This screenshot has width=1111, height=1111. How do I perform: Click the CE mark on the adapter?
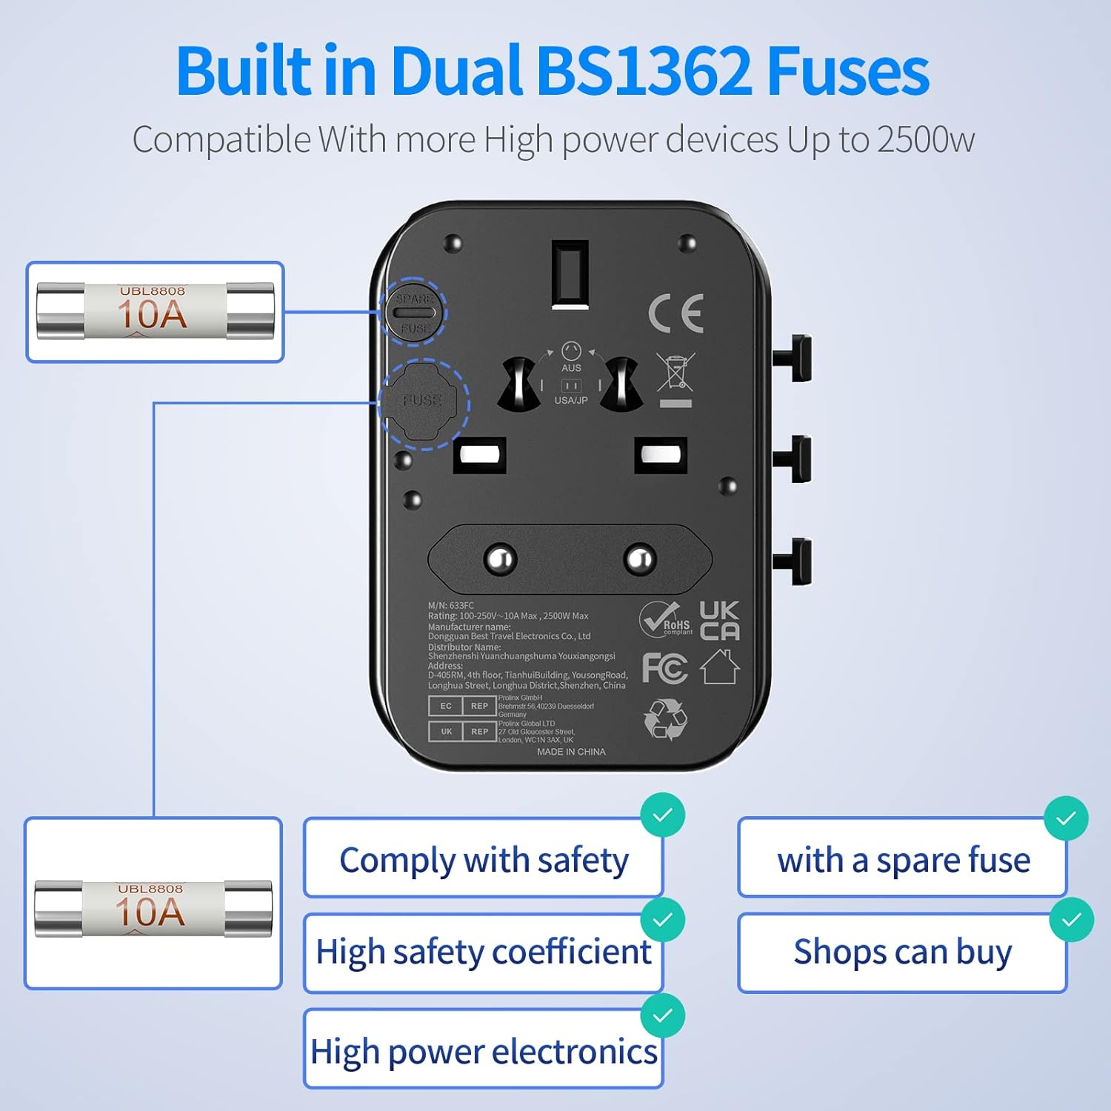pyautogui.click(x=675, y=313)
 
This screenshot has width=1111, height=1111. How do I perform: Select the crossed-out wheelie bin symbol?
pyautogui.click(x=675, y=373)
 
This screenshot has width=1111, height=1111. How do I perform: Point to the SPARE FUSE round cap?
pyautogui.click(x=413, y=312)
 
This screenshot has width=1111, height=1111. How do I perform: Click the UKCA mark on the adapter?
pyautogui.click(x=719, y=621)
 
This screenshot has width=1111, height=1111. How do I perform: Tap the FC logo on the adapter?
pyautogui.click(x=664, y=668)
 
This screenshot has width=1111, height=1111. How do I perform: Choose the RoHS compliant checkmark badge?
pyautogui.click(x=664, y=619)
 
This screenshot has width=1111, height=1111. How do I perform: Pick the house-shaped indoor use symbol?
pyautogui.click(x=720, y=667)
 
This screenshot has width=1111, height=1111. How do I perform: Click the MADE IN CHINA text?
pyautogui.click(x=571, y=752)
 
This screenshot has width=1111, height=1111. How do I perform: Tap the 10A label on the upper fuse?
pyautogui.click(x=152, y=315)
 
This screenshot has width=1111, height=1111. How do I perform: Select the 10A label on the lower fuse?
pyautogui.click(x=150, y=912)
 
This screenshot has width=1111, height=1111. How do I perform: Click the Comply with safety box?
pyautogui.click(x=483, y=859)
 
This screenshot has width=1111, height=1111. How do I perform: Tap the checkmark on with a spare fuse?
pyautogui.click(x=1066, y=818)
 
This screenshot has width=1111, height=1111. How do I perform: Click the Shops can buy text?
pyautogui.click(x=902, y=952)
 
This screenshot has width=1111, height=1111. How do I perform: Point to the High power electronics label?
pyautogui.click(x=483, y=1051)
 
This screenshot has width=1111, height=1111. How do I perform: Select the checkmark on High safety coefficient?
pyautogui.click(x=662, y=919)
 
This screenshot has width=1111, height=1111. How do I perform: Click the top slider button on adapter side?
pyautogui.click(x=795, y=357)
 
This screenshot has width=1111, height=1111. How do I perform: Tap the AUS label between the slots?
pyautogui.click(x=571, y=368)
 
